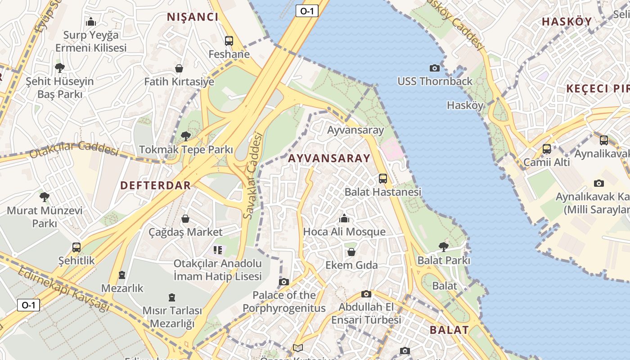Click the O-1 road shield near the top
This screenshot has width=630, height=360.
click(x=306, y=11)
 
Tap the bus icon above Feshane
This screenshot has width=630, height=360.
click(x=229, y=41)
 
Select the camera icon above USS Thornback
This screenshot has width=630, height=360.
click(x=435, y=68)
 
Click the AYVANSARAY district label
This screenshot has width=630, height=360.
click(x=329, y=158)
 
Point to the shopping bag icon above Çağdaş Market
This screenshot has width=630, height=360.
click(x=185, y=219)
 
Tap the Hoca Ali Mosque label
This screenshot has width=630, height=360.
click(x=344, y=232)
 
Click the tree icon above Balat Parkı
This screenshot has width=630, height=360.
click(x=443, y=247)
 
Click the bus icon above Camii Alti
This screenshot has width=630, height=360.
click(x=547, y=149)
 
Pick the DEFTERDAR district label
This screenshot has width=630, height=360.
click(x=156, y=185)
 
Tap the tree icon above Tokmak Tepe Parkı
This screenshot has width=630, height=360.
click(x=185, y=136)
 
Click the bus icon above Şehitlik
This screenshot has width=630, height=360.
click(x=76, y=247)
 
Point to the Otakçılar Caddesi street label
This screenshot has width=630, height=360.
click(x=73, y=149)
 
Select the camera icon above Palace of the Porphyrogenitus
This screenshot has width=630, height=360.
click(x=283, y=282)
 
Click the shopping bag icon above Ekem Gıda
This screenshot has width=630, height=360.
click(x=351, y=252)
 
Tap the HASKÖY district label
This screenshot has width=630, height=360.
click(x=567, y=21)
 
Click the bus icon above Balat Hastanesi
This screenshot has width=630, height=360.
click(x=383, y=179)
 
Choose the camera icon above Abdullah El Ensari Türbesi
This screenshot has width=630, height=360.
click(x=366, y=294)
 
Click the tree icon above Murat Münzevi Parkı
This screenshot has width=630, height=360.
click(x=44, y=197)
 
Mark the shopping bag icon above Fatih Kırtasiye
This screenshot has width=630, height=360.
click(x=179, y=68)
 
